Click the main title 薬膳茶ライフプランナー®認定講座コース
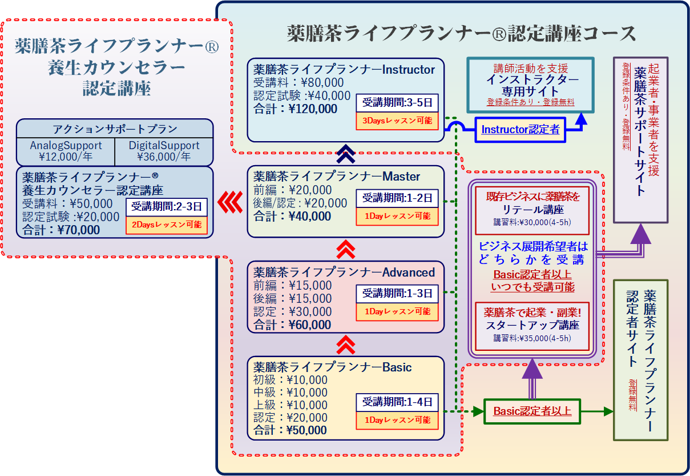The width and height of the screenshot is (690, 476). click(x=462, y=34)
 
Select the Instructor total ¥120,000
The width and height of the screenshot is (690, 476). click(x=295, y=109)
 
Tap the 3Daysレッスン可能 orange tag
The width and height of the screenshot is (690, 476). click(x=398, y=121)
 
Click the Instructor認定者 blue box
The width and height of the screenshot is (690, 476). click(x=520, y=130)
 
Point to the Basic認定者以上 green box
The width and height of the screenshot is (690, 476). click(x=532, y=411)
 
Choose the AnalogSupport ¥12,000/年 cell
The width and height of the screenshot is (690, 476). click(x=66, y=151)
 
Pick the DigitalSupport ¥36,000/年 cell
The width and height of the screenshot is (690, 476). click(x=164, y=151)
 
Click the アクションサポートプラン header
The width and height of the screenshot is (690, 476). click(x=114, y=128)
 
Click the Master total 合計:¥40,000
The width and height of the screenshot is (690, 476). click(x=292, y=216)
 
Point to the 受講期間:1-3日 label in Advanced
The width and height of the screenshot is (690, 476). click(x=398, y=293)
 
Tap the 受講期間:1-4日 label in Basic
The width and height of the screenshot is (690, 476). click(x=398, y=402)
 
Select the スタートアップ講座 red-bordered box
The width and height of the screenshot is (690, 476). click(x=532, y=325)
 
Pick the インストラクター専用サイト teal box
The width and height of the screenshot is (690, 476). click(x=531, y=85)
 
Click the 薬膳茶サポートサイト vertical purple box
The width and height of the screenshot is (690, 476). click(x=641, y=139)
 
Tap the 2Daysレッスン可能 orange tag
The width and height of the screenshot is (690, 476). click(x=167, y=225)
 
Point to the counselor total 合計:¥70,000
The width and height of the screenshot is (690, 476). click(x=61, y=230)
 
